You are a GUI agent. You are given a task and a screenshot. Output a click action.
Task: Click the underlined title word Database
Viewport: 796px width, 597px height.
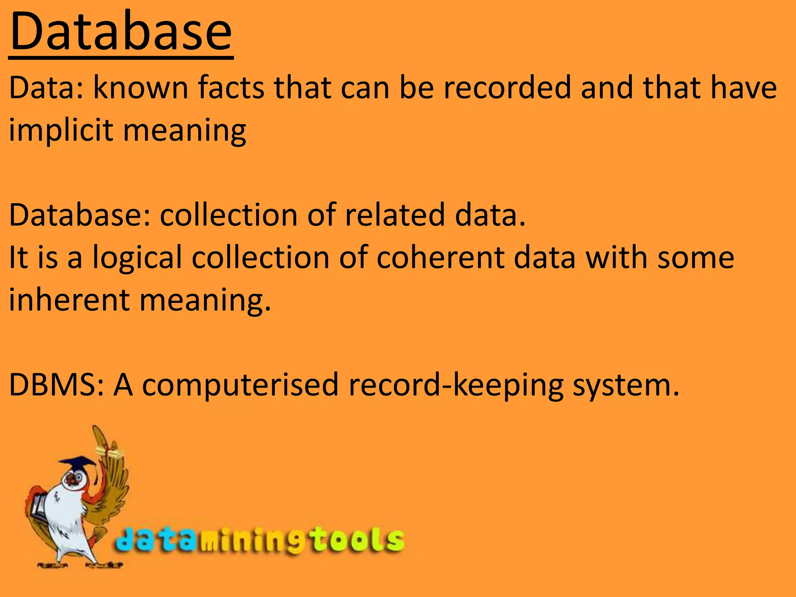click(x=121, y=32)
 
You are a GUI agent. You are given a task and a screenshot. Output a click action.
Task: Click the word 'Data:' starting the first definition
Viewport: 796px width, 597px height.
click(x=46, y=88)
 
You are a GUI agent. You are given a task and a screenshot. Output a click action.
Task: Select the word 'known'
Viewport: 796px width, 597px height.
click(x=141, y=88)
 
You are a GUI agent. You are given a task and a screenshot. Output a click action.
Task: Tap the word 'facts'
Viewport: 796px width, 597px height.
click(x=231, y=88)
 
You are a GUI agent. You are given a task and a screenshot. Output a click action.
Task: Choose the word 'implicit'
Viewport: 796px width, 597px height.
click(x=61, y=130)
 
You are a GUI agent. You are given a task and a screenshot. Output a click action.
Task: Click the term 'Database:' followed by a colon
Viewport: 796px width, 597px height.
click(x=80, y=215)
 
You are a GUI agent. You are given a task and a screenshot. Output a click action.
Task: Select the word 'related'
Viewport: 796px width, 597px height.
click(x=395, y=215)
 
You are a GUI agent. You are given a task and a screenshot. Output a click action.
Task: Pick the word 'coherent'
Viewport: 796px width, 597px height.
click(x=440, y=258)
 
